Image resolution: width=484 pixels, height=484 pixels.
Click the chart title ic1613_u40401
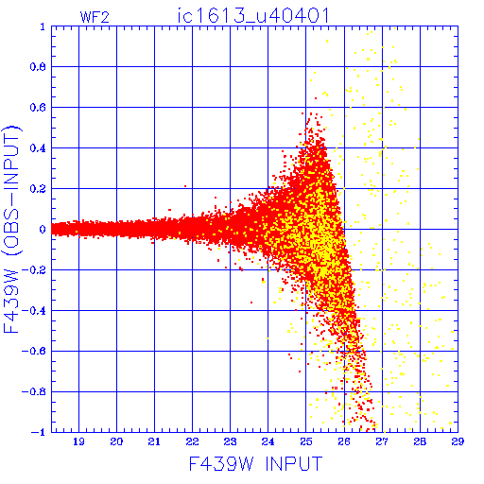[x=253, y=16]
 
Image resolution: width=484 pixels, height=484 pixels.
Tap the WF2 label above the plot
[x=95, y=17]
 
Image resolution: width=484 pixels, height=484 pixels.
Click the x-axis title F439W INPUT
[x=255, y=464]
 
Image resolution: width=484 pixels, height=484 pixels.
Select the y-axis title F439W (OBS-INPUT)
[x=11, y=229]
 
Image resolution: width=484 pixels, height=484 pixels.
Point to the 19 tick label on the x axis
[x=78, y=441]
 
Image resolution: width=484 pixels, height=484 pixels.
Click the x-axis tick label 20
[x=116, y=441]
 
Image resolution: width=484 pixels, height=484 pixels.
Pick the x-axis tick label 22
[x=192, y=441]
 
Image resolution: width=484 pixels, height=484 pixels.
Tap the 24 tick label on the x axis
[x=268, y=441]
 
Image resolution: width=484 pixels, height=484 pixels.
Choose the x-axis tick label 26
[x=344, y=441]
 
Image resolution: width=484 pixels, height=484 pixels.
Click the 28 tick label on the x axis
[x=420, y=441]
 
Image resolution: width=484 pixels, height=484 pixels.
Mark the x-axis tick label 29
[x=458, y=441]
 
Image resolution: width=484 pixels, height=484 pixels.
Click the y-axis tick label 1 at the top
[x=43, y=26]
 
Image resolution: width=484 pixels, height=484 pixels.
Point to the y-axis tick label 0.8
[x=38, y=67]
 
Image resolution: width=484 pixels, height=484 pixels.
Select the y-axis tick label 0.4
[x=38, y=148]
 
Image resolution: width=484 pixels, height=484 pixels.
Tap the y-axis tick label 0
[x=43, y=229]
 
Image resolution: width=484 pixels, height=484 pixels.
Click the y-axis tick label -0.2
[x=34, y=270]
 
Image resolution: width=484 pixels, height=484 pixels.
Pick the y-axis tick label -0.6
[x=34, y=351]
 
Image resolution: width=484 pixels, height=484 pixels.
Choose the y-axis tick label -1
[x=38, y=432]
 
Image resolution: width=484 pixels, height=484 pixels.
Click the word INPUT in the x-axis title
[x=294, y=464]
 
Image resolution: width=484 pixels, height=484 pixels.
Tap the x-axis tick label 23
[x=230, y=441]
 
